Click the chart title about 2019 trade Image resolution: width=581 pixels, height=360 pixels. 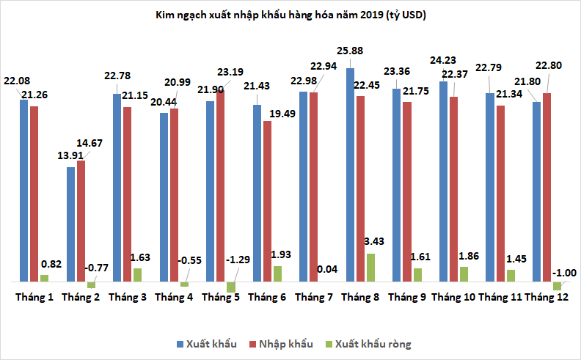coord(290,14)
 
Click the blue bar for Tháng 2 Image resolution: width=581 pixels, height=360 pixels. coord(70,224)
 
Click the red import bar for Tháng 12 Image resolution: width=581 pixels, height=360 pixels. coord(547,187)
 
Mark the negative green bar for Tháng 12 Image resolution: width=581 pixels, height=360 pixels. coord(557,285)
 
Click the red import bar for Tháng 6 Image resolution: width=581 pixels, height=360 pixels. coord(267,201)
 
